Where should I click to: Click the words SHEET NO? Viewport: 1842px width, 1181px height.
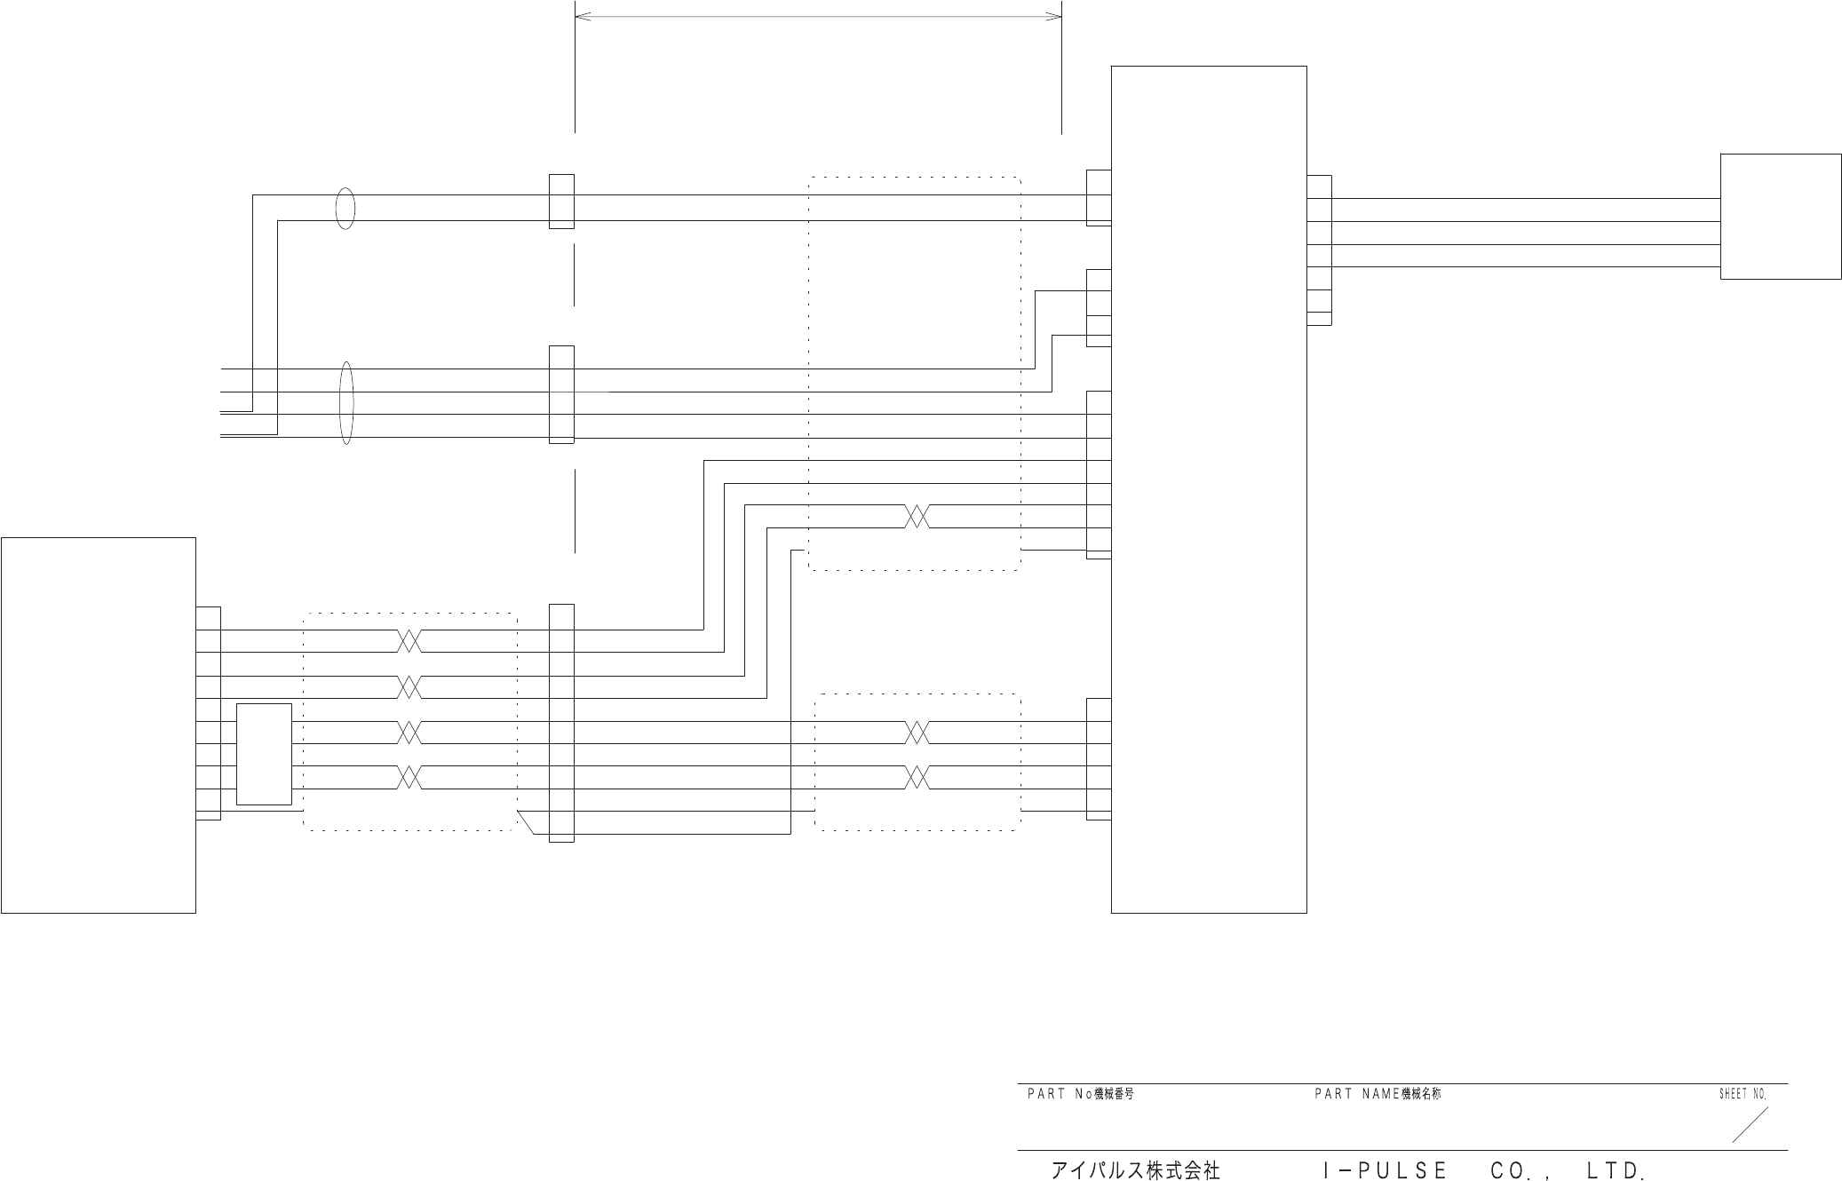click(x=1742, y=1094)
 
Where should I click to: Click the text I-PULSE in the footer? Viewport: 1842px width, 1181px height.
click(x=1385, y=1170)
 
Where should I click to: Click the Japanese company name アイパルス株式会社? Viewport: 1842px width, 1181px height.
click(x=1135, y=1170)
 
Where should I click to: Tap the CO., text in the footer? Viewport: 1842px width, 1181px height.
click(x=1520, y=1170)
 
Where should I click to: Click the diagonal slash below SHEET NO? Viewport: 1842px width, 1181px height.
click(x=1750, y=1124)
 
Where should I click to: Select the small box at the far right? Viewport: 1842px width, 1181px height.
click(x=1780, y=216)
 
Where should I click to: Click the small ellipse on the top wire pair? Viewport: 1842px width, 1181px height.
click(x=345, y=209)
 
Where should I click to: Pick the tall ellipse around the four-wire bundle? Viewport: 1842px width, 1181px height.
click(x=346, y=402)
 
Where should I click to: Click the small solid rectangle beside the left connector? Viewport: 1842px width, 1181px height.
click(x=264, y=754)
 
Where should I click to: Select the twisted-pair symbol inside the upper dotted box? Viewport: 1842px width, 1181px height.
click(x=917, y=516)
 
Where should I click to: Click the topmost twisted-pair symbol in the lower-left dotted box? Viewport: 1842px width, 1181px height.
click(x=409, y=640)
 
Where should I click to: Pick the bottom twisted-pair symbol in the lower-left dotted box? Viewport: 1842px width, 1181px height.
click(x=409, y=777)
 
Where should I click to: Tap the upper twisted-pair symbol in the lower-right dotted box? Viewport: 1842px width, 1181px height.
click(x=917, y=733)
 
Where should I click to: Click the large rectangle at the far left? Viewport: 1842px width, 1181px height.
click(x=98, y=725)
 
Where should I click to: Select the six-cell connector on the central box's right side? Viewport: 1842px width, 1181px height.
click(x=1319, y=250)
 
